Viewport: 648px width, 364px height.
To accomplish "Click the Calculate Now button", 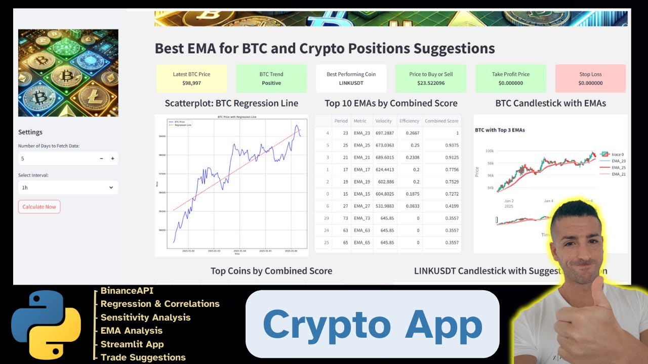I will pos(39,207).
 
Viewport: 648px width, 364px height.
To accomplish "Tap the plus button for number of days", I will pos(112,159).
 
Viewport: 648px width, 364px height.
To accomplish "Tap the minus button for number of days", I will pos(101,159).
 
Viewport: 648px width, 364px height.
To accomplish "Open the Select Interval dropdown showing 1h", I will pos(68,188).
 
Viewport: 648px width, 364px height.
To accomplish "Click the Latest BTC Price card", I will pos(191,78).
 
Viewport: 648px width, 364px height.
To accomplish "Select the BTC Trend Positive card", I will pos(271,78).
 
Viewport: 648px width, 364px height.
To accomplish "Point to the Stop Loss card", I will pos(590,78).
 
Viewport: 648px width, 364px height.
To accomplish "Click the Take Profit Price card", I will pos(510,78).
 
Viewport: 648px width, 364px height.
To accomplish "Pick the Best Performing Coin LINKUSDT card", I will pos(351,78).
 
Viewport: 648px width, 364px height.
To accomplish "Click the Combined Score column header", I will pos(441,121).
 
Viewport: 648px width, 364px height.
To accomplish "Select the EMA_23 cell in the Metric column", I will pos(361,133).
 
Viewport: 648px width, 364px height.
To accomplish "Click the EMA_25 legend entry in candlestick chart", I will pos(618,167).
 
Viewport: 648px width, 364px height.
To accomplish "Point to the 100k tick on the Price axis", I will pos(489,151).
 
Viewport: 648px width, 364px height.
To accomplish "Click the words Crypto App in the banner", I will pos(372,325).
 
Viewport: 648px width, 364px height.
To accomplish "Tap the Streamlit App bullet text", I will pos(132,344).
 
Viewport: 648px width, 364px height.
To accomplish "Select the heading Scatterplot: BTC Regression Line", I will pos(231,103).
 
